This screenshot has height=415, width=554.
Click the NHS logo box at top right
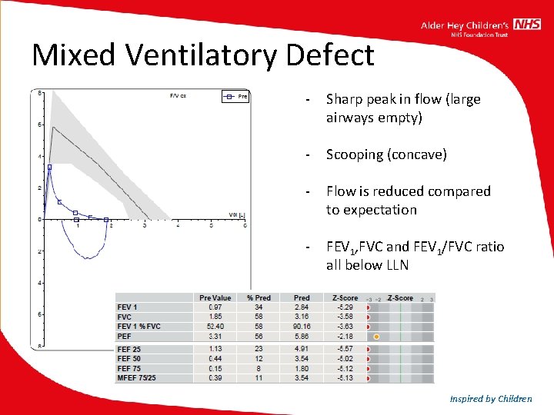point(527,25)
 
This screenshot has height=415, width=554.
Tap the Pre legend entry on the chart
point(236,97)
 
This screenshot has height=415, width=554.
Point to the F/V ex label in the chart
point(179,96)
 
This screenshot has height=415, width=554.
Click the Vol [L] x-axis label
point(236,214)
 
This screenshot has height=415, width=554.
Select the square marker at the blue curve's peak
point(49,167)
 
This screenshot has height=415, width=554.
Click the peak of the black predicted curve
point(52,127)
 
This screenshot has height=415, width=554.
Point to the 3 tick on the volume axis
point(145,225)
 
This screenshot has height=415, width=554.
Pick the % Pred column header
point(259,297)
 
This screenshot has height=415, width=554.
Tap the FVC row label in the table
point(125,317)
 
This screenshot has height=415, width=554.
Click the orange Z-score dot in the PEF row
point(376,337)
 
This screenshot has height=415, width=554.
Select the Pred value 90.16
point(301,327)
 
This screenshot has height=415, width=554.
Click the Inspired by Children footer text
point(491,398)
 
